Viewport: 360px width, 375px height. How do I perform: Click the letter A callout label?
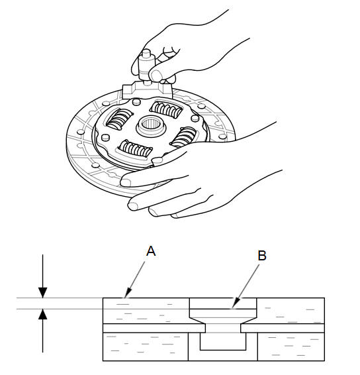pyautogui.click(x=151, y=251)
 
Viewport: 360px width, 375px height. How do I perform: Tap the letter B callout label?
pyautogui.click(x=262, y=256)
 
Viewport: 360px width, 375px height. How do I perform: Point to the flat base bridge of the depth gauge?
pyautogui.click(x=147, y=90)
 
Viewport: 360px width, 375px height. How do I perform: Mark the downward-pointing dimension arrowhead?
pyautogui.click(x=43, y=293)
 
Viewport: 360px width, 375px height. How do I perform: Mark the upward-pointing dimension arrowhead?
pyautogui.click(x=43, y=314)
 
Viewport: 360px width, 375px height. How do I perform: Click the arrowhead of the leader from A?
pyautogui.click(x=128, y=294)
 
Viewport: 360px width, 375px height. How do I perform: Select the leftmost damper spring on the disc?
pyautogui.click(x=118, y=119)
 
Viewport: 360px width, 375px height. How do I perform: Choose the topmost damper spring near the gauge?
pyautogui.click(x=166, y=109)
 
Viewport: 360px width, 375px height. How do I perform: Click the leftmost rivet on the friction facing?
pyautogui.click(x=81, y=132)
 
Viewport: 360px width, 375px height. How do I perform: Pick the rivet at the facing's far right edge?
pyautogui.click(x=222, y=136)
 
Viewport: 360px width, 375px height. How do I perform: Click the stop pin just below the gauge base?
pyautogui.click(x=136, y=102)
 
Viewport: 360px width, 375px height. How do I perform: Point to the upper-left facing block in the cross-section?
pyautogui.click(x=146, y=311)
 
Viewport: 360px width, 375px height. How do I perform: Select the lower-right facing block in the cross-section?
pyautogui.click(x=291, y=347)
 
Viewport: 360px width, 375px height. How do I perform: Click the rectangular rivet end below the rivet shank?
pyautogui.click(x=223, y=341)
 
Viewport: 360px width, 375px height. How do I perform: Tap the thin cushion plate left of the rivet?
pyautogui.click(x=154, y=328)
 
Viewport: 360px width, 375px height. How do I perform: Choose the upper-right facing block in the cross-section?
pyautogui.click(x=291, y=311)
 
